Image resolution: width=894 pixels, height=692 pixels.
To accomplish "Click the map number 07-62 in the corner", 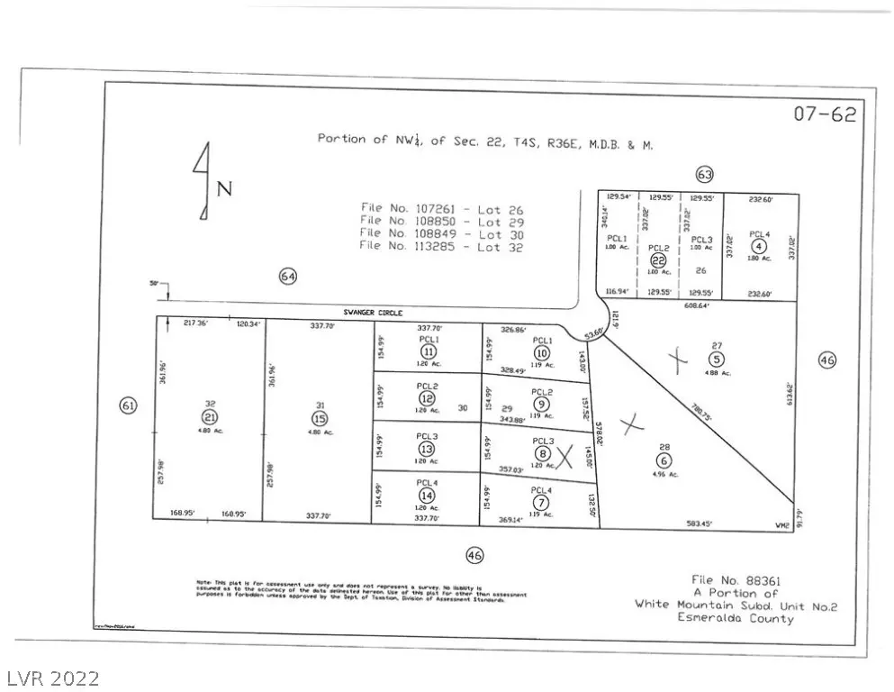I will [824, 114].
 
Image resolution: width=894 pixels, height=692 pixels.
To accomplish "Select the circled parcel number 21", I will [210, 417].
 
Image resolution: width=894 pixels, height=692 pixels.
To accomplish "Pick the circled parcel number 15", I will [319, 418].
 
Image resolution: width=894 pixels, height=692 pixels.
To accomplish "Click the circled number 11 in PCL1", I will [429, 351].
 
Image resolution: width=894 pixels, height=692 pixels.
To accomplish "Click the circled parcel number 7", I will [541, 502].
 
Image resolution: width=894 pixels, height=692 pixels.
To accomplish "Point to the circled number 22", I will [658, 260].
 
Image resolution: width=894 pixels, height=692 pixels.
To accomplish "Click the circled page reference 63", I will [704, 174].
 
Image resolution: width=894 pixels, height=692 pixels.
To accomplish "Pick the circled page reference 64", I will [287, 277].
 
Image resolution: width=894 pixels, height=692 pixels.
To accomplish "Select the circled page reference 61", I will [129, 406].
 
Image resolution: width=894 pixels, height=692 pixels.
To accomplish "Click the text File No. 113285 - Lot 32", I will [440, 245].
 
